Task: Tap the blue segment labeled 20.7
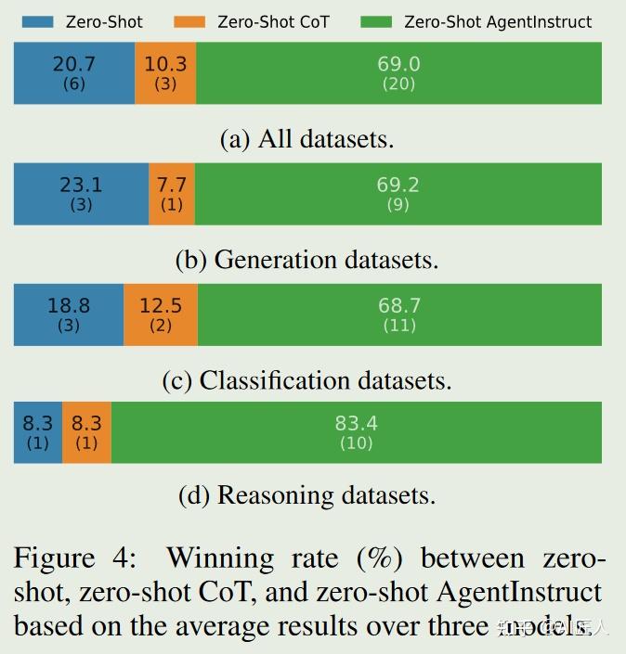coord(74,73)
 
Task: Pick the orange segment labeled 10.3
coord(165,73)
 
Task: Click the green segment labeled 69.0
coord(398,73)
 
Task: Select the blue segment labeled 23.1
coord(81,194)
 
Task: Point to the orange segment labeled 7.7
coord(172,194)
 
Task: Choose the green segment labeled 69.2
coord(398,194)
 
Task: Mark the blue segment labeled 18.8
coord(68,314)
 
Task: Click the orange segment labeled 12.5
coord(160,314)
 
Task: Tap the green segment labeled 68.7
coord(399,314)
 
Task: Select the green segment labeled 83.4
coord(356,432)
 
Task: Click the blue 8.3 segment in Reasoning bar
coord(37,432)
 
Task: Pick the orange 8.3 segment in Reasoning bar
coord(86,432)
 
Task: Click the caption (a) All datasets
coord(306,139)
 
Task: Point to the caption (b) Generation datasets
coord(306,260)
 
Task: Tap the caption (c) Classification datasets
coord(306,380)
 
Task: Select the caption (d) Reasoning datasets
coord(306,495)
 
